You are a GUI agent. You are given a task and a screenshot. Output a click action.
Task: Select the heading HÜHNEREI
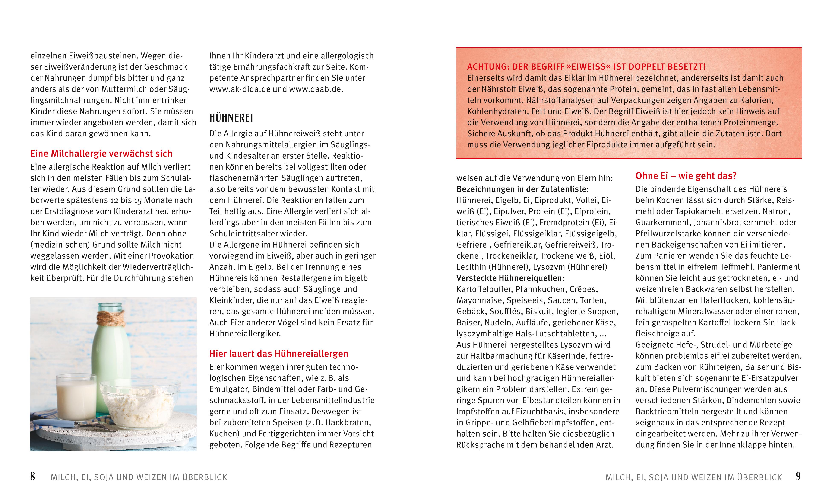click(x=231, y=118)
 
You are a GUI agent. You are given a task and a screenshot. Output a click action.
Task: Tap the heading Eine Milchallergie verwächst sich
click(x=101, y=154)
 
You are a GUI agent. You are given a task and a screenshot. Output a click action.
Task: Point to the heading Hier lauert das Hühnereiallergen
click(x=279, y=354)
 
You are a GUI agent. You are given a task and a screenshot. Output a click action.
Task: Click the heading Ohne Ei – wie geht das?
click(x=686, y=176)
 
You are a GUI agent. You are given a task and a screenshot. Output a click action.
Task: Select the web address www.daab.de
click(x=316, y=89)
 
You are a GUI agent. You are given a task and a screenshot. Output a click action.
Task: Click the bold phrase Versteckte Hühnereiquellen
click(x=510, y=278)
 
